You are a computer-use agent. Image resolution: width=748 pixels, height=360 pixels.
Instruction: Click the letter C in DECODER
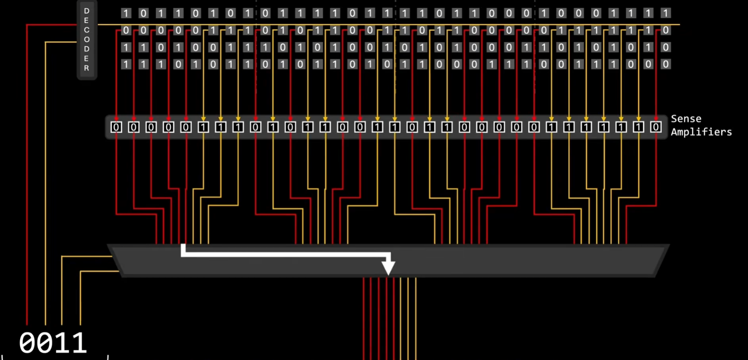coord(87,30)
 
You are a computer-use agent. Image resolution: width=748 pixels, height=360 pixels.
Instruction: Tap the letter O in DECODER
coord(87,39)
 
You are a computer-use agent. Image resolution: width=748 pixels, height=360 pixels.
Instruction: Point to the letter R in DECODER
coord(87,68)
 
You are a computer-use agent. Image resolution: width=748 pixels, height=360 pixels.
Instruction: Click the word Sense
coord(686,119)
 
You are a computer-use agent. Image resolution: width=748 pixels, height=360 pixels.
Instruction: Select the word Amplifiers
coord(701,132)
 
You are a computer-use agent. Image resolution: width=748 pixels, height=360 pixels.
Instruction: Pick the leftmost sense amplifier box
coord(116,127)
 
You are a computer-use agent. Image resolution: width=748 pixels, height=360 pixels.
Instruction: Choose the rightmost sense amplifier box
coord(656,127)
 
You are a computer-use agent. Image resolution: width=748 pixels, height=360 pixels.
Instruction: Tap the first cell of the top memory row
coord(126,14)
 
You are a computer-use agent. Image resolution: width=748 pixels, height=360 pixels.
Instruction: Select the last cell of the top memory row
coord(666,14)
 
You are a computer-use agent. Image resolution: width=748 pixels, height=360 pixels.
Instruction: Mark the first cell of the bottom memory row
coord(126,64)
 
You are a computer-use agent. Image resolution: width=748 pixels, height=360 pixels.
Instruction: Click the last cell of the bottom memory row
coord(666,64)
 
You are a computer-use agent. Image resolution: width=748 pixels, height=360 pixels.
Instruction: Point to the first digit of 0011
coord(27,343)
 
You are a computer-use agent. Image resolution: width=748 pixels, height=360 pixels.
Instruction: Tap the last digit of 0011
coord(79,343)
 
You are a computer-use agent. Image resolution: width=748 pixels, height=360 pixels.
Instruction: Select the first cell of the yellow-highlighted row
coord(126,30)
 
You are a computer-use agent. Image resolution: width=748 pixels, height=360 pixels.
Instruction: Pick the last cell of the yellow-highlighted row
coord(666,30)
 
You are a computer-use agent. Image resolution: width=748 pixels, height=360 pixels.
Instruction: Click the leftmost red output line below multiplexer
coord(363,319)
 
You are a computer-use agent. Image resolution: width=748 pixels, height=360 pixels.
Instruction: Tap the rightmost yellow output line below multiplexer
coord(416,319)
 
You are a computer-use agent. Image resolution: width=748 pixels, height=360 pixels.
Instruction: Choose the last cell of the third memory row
coord(666,47)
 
